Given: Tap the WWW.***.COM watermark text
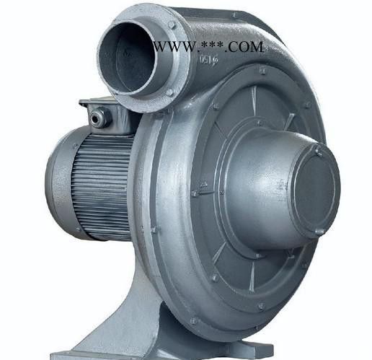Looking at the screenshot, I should click(x=208, y=47).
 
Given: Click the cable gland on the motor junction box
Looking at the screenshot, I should click(x=99, y=115).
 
